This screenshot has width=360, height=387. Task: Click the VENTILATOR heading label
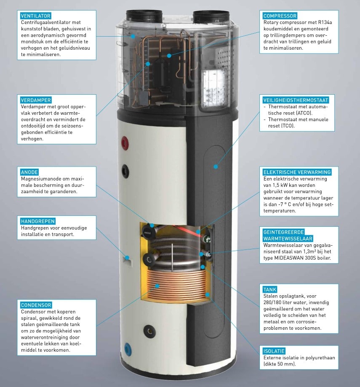[x=35, y=16]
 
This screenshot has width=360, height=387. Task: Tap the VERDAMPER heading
[x=35, y=100]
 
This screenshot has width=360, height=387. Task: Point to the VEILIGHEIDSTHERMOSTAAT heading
[x=295, y=100]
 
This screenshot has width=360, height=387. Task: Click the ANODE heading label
[x=29, y=172]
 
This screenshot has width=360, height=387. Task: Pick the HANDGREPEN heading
[x=38, y=221]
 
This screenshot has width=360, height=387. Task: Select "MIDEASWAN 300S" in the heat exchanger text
[x=295, y=257]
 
